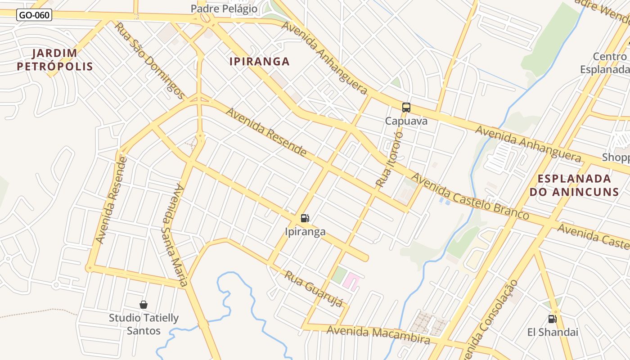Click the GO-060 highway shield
coord(34,15)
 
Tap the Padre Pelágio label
coord(224,9)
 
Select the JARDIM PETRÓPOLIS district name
coord(55,60)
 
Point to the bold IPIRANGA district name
coord(260,62)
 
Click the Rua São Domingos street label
coord(149,60)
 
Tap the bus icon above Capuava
coord(406,108)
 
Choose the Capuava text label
coord(406,121)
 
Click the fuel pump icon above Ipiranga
coord(305,218)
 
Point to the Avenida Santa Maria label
coord(175,235)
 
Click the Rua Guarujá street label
coord(314,289)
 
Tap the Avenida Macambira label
coord(378,334)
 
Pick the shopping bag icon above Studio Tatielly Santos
coord(144,305)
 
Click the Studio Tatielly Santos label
coord(144,324)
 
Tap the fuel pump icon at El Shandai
coord(552,319)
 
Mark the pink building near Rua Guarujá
coord(351,281)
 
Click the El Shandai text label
coord(553,333)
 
